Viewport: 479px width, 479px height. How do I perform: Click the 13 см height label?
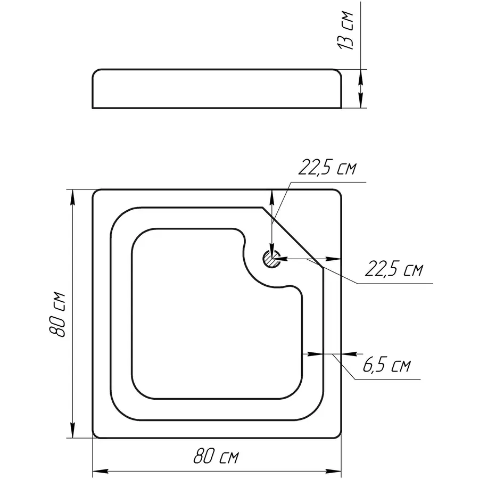click(346, 30)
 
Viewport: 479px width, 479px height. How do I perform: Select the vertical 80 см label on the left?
click(57, 315)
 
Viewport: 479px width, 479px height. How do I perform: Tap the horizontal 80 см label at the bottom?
click(216, 457)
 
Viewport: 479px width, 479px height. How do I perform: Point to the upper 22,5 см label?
click(327, 168)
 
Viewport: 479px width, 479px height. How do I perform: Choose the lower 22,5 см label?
click(394, 269)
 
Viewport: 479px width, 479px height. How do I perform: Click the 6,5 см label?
click(387, 365)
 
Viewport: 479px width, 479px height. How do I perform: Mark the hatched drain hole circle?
click(271, 259)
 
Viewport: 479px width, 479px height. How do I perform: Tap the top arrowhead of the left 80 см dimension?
click(72, 198)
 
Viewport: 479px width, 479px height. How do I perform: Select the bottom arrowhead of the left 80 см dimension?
click(72, 430)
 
